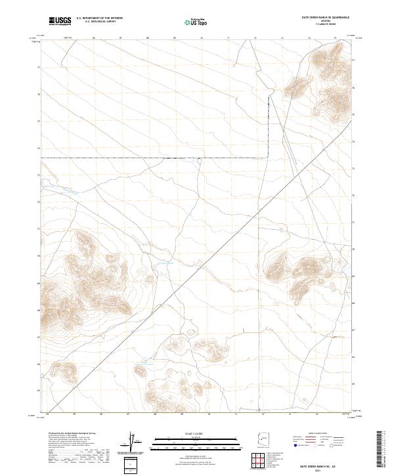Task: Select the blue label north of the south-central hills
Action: [143, 361]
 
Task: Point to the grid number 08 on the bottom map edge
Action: [155, 414]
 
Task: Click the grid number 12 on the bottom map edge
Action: [263, 414]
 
